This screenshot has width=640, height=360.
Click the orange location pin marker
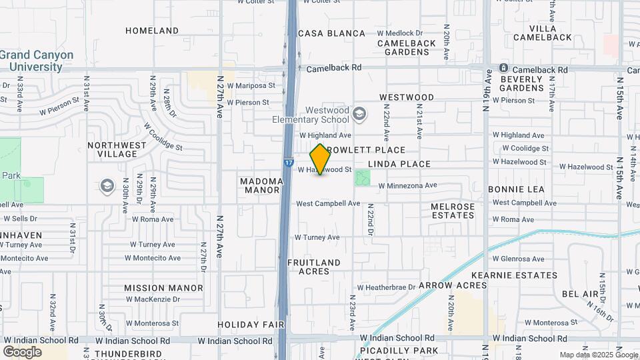click(x=321, y=159)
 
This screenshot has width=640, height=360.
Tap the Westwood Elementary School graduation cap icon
click(x=360, y=114)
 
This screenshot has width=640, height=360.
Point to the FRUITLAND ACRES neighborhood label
click(x=314, y=267)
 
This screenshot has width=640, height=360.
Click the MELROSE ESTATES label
click(x=453, y=211)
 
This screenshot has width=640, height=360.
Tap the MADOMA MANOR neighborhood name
click(x=259, y=185)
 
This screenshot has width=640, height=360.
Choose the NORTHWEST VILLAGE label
click(x=117, y=149)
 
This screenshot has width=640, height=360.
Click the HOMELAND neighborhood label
click(x=152, y=31)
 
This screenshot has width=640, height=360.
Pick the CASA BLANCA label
click(x=332, y=33)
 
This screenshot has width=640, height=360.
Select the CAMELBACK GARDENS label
click(x=407, y=47)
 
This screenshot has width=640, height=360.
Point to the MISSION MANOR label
click(x=163, y=288)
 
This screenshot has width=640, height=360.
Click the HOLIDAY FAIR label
click(x=251, y=325)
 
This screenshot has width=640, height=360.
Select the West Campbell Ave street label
click(x=328, y=203)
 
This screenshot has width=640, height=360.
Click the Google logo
click(x=22, y=351)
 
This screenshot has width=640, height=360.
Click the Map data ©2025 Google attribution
click(x=599, y=355)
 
